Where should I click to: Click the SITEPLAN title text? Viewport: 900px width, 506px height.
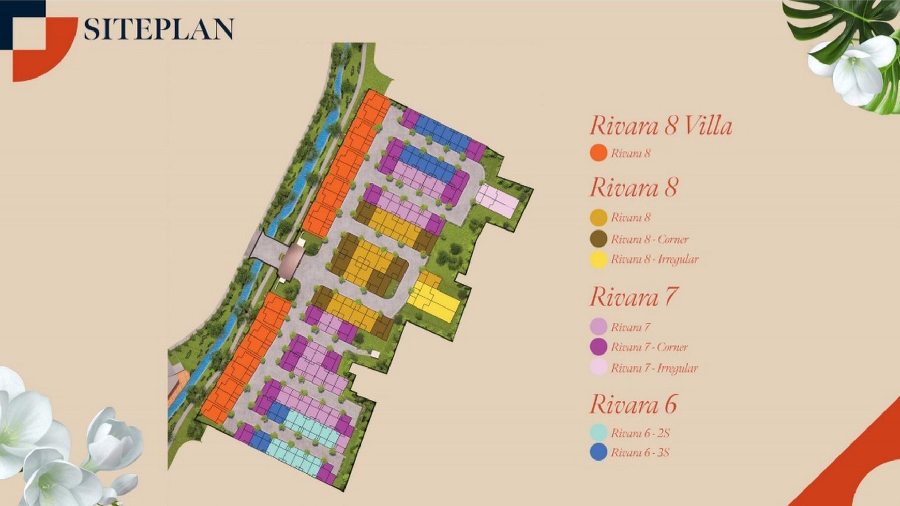(x=158, y=29)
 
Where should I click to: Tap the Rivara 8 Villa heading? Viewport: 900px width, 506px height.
(x=661, y=126)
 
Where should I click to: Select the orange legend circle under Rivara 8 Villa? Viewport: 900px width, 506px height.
(x=598, y=153)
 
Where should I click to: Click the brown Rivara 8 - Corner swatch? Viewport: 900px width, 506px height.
(x=598, y=239)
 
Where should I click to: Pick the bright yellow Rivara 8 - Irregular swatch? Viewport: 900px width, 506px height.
(x=598, y=259)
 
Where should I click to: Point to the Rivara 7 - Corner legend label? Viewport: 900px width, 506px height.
(x=649, y=347)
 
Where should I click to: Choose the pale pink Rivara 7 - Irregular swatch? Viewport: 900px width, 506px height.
(x=598, y=367)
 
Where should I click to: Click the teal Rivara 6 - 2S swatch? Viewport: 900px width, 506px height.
(x=598, y=433)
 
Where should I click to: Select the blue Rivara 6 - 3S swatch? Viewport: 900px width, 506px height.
(x=598, y=452)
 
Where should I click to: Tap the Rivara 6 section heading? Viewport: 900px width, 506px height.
(x=633, y=405)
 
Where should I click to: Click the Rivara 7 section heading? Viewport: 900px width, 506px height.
(x=633, y=297)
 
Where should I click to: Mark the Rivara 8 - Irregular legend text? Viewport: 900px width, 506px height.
(x=654, y=259)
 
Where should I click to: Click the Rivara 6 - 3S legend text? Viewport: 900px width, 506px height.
(x=640, y=453)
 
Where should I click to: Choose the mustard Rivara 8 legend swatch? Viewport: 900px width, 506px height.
(x=598, y=218)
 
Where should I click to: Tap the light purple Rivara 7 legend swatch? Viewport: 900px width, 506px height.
(x=598, y=327)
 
